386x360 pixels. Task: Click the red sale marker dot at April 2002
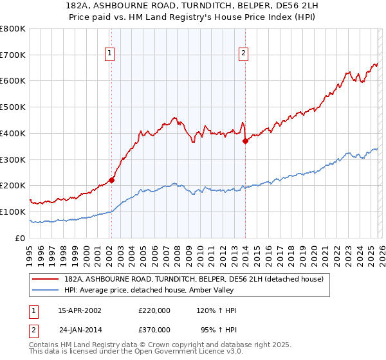pos(111,180)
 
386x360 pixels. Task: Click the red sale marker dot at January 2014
pos(245,141)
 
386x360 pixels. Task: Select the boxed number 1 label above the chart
pos(111,54)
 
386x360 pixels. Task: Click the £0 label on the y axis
pos(19,238)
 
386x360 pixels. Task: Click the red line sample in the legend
pos(46,278)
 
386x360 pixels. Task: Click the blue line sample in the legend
pos(46,290)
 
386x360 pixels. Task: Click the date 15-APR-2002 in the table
pos(80,310)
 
